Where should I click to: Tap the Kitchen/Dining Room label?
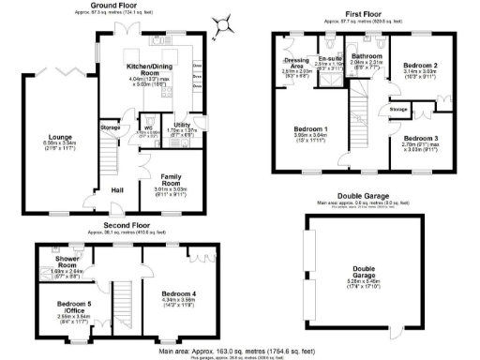[148, 68]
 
